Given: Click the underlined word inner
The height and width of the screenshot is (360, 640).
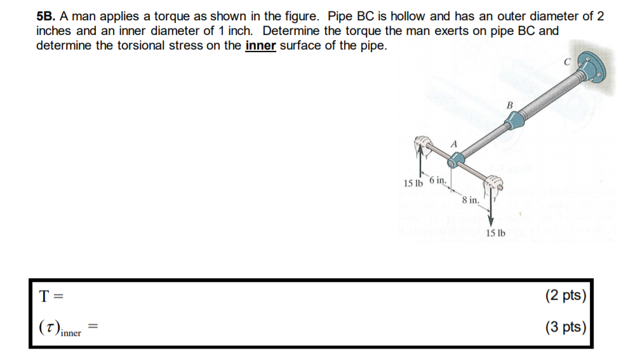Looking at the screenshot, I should pyautogui.click(x=260, y=46).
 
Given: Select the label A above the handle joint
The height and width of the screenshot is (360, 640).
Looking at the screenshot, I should pyautogui.click(x=453, y=144).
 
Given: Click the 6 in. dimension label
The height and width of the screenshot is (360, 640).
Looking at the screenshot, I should pyautogui.click(x=439, y=180).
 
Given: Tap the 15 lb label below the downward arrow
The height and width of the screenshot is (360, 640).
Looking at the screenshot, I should pyautogui.click(x=495, y=234).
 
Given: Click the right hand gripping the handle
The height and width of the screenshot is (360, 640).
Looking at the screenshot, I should pyautogui.click(x=493, y=185).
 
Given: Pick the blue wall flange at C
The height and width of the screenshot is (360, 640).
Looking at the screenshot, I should pyautogui.click(x=592, y=69).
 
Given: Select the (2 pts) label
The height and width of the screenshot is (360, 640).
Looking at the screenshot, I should pyautogui.click(x=565, y=296).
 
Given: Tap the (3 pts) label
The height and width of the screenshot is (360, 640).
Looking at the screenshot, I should pyautogui.click(x=565, y=328).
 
